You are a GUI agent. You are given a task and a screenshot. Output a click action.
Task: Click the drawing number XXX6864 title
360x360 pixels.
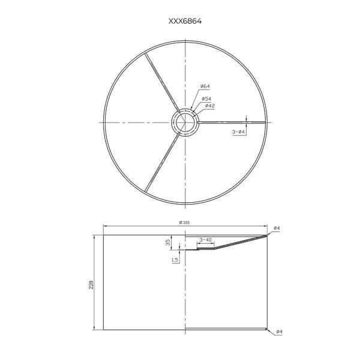(x=185, y=21)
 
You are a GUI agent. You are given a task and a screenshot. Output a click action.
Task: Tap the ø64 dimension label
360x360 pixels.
(x=205, y=86)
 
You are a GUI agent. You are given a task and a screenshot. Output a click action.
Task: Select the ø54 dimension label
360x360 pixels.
(x=206, y=99)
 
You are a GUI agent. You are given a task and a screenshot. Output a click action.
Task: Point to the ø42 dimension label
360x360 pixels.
(x=210, y=106)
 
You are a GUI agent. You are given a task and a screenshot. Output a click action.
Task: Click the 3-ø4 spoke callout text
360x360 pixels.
(x=239, y=132)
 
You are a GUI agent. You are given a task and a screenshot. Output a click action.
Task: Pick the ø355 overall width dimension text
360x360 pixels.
(x=184, y=223)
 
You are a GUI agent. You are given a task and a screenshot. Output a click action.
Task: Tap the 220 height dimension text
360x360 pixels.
(x=91, y=284)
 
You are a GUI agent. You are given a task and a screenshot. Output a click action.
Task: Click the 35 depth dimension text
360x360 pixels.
(x=168, y=242)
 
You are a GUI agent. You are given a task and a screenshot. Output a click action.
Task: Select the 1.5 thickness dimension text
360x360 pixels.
(x=175, y=260)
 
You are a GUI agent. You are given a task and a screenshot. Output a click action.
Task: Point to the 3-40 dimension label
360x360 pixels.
(x=206, y=240)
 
